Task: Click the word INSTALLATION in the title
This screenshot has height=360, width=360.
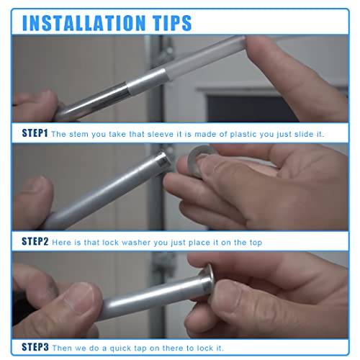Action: (x=84, y=22)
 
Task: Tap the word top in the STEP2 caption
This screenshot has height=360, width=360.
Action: (x=253, y=242)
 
